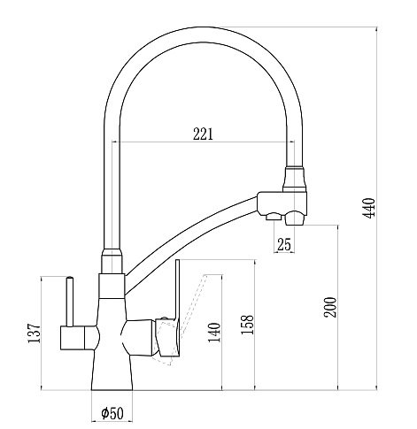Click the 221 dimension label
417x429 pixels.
[203, 134]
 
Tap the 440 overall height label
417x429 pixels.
[369, 208]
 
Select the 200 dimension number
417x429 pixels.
[330, 307]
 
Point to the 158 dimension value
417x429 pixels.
[247, 325]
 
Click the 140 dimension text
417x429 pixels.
[214, 333]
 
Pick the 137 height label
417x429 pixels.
[34, 333]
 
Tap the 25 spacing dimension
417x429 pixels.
[284, 244]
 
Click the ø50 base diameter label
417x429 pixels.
[112, 413]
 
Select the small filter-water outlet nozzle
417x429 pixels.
[274, 217]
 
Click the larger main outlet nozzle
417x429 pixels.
[296, 218]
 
